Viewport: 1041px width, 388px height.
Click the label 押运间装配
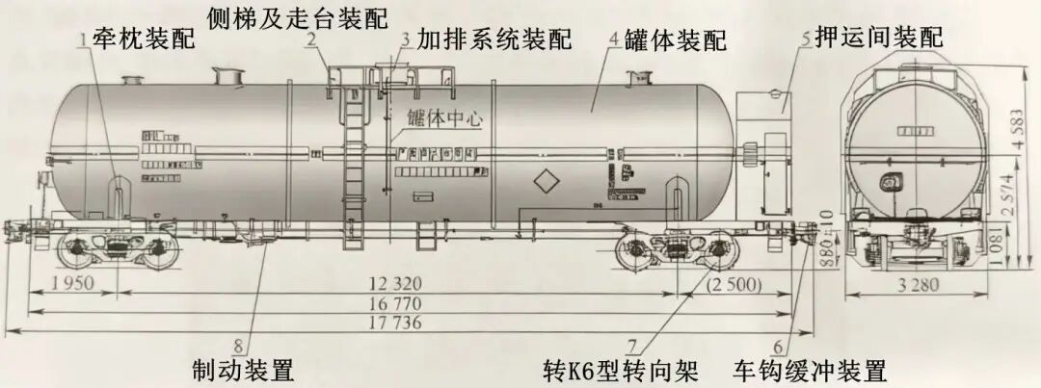pos(878,38)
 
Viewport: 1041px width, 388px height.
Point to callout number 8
pos(238,345)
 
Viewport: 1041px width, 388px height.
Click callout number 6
pos(777,345)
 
